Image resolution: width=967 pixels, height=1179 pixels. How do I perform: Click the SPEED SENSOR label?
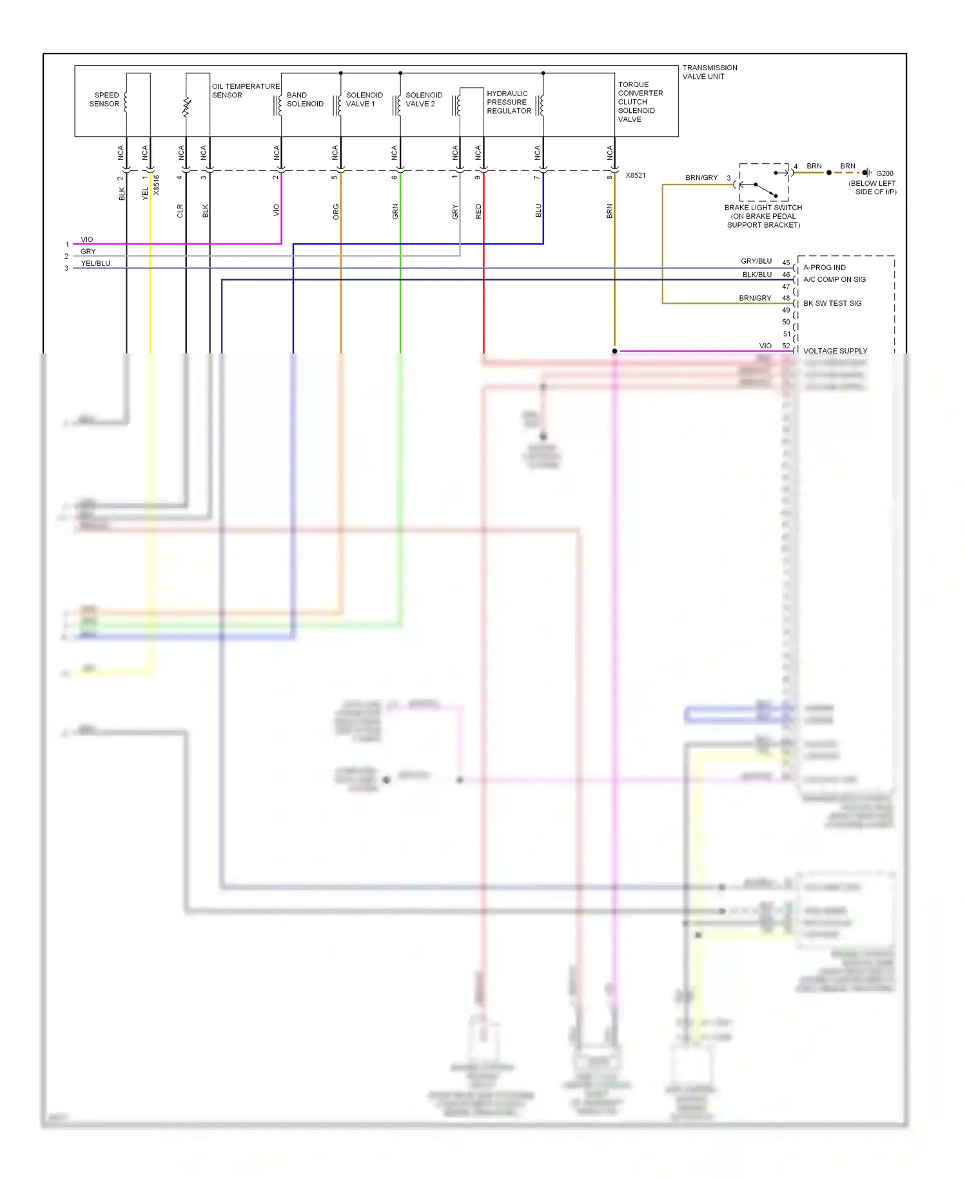tap(104, 99)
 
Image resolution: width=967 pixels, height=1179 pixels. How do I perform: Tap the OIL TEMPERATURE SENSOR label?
tap(245, 90)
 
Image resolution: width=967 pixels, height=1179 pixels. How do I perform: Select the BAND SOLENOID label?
tap(305, 99)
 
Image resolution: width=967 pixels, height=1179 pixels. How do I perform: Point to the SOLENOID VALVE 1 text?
tap(364, 99)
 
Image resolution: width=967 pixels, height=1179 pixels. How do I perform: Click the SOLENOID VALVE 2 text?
tap(424, 99)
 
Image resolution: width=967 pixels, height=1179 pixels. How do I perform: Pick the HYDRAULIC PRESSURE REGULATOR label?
tap(509, 102)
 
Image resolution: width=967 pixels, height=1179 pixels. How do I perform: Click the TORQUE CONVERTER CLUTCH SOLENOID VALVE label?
tap(640, 101)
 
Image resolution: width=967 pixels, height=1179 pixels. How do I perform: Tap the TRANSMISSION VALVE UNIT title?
tap(709, 72)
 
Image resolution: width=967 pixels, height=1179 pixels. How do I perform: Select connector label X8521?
tap(635, 175)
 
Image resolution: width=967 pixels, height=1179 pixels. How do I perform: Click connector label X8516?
tap(157, 185)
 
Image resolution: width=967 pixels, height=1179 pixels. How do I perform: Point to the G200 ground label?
tap(884, 173)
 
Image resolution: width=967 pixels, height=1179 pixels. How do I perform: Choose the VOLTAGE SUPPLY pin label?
tap(835, 351)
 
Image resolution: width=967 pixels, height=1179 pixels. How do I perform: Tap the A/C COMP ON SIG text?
tap(834, 279)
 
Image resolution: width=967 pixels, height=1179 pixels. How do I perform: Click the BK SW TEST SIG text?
tap(832, 303)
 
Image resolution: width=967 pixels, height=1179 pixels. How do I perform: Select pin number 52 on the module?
tap(786, 346)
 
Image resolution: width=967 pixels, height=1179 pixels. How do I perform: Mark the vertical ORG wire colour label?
tap(336, 212)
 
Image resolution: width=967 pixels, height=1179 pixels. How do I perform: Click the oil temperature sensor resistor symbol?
tap(187, 107)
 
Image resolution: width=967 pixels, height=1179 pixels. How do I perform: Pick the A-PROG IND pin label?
tap(824, 267)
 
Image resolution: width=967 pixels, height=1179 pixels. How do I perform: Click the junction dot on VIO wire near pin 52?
tap(614, 351)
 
